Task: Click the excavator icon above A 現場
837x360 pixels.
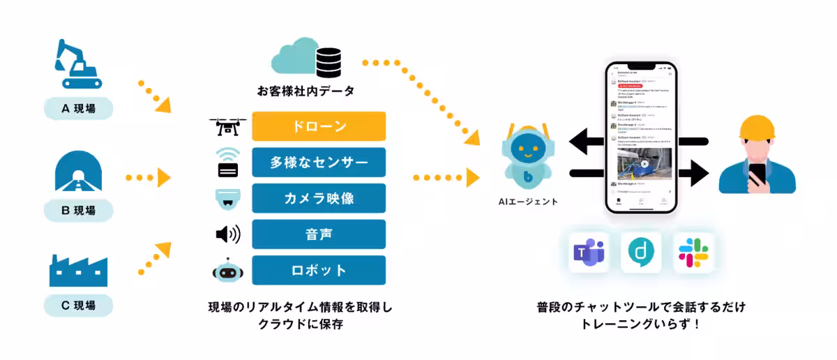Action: pos(78,64)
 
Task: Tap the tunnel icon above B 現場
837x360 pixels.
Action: pos(78,170)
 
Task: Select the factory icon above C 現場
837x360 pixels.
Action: pos(78,269)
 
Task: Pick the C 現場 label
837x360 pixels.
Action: pos(78,305)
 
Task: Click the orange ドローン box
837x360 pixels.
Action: pos(319,126)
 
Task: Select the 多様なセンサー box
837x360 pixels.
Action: pos(319,163)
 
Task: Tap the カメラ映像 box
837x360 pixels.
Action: pos(319,198)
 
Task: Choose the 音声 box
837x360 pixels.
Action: pos(319,234)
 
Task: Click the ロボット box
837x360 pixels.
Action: pos(319,270)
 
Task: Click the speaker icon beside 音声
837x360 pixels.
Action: pos(227,234)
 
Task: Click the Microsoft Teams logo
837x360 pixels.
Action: pos(587,253)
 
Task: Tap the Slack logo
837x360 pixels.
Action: pos(693,253)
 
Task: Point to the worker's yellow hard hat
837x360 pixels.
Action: pos(758,133)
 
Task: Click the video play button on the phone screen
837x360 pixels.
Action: pos(644,165)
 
